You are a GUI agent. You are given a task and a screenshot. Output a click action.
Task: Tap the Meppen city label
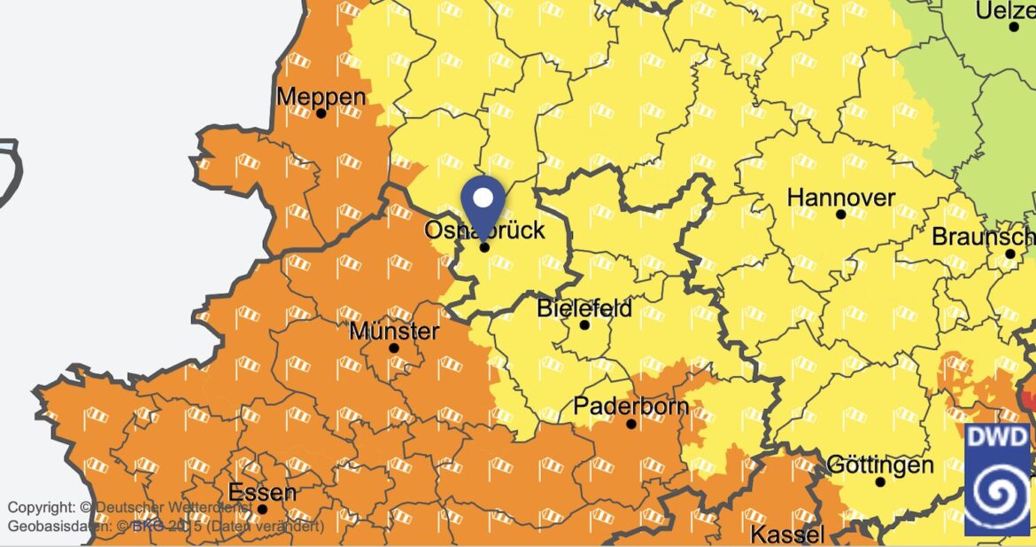point(321,96)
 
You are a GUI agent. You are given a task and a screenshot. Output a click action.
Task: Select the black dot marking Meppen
point(321,113)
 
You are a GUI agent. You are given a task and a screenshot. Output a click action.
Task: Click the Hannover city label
point(840,197)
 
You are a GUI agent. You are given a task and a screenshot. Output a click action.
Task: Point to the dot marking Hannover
point(840,215)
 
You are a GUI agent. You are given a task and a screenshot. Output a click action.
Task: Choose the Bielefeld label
point(584,309)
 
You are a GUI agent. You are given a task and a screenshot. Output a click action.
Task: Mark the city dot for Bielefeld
point(584,325)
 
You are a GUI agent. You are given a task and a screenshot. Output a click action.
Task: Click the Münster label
point(394,332)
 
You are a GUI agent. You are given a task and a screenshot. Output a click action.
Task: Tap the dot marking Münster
point(394,348)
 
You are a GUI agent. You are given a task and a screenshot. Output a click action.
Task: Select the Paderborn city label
point(631,407)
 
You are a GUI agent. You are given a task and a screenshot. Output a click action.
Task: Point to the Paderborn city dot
point(631,424)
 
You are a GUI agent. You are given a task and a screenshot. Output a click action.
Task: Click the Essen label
point(262,492)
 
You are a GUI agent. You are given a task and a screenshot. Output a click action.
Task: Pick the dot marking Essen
point(262,509)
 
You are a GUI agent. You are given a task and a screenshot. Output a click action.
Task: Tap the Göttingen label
point(879,465)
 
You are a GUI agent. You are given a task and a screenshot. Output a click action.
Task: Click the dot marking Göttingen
point(880,482)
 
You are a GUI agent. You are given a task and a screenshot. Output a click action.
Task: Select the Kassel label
point(788,535)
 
